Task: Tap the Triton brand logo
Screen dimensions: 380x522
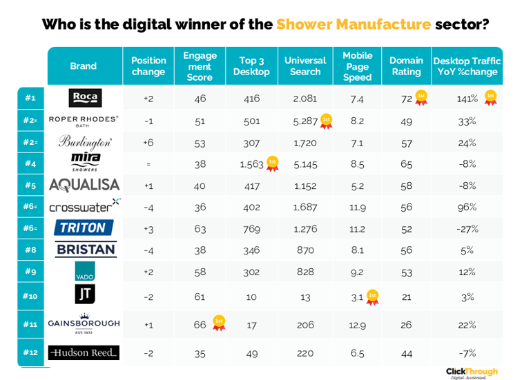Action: [x=84, y=228]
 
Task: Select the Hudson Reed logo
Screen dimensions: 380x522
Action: [x=84, y=352]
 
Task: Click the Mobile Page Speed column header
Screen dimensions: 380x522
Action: [x=357, y=66]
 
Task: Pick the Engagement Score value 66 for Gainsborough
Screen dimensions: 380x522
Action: [x=200, y=325]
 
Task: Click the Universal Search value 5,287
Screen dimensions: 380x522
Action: [x=304, y=121]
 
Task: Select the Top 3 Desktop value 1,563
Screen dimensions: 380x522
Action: [x=251, y=163]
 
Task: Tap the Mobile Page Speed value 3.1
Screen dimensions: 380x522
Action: [x=357, y=297]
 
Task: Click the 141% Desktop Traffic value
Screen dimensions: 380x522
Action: [x=467, y=99]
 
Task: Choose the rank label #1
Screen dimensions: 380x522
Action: [x=30, y=98]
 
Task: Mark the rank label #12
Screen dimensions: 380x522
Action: [x=30, y=352]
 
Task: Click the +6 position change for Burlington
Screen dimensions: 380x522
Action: [x=148, y=143]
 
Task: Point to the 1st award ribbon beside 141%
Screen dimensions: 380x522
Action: [x=490, y=97]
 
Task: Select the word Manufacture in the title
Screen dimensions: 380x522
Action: [x=354, y=25]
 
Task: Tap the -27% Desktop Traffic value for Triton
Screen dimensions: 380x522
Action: [x=467, y=228]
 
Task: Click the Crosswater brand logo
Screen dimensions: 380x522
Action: [x=84, y=206]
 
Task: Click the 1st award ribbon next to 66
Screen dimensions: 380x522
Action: [x=219, y=322]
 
